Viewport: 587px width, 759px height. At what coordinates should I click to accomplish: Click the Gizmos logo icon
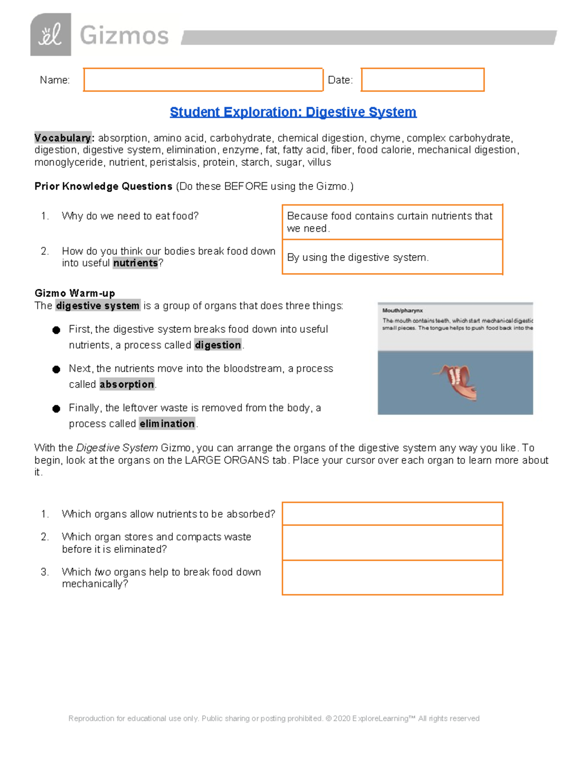pyautogui.click(x=50, y=35)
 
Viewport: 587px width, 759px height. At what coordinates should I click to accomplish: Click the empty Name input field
pyautogui.click(x=203, y=80)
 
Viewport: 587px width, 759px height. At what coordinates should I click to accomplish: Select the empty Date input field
pyautogui.click(x=423, y=80)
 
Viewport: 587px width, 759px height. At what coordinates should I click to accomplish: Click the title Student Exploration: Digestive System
pyautogui.click(x=293, y=112)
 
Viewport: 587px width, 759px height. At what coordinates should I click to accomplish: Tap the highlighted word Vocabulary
pyautogui.click(x=63, y=138)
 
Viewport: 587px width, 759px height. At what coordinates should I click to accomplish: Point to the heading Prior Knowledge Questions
pyautogui.click(x=103, y=186)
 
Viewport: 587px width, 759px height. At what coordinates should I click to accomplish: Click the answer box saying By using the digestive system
pyautogui.click(x=392, y=257)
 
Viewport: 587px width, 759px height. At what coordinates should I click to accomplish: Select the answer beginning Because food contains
pyautogui.click(x=392, y=222)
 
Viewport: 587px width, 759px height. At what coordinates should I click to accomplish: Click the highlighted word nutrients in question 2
pyautogui.click(x=135, y=263)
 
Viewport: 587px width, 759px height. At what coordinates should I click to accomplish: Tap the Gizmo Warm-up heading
pyautogui.click(x=75, y=293)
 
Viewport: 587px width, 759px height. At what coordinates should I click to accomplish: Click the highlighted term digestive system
pyautogui.click(x=98, y=306)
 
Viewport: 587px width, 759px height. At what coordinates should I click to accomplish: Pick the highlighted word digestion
pyautogui.click(x=218, y=345)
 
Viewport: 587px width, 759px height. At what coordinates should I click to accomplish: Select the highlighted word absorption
pyautogui.click(x=127, y=385)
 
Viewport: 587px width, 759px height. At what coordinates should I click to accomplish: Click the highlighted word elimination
pyautogui.click(x=167, y=424)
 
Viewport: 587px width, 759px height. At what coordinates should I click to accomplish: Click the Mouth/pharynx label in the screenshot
pyautogui.click(x=403, y=310)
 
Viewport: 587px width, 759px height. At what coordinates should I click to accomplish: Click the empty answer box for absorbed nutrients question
pyautogui.click(x=392, y=514)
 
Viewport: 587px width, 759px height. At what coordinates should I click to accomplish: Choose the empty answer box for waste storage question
pyautogui.click(x=392, y=542)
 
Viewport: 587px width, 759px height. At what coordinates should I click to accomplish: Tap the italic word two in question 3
pyautogui.click(x=102, y=572)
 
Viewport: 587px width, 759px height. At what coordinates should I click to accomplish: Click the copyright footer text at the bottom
pyautogui.click(x=274, y=718)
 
